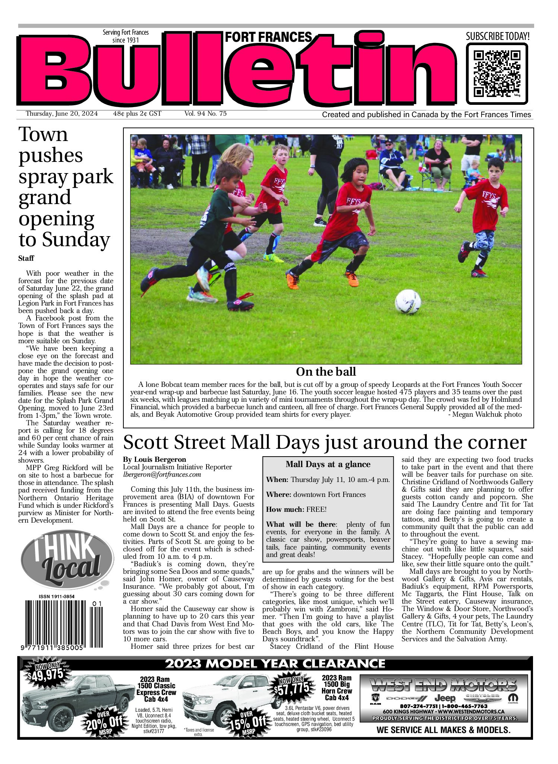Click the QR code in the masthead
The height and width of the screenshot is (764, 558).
click(497, 73)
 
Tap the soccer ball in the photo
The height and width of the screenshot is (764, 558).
click(408, 301)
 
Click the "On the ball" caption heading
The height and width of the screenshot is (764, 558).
click(326, 372)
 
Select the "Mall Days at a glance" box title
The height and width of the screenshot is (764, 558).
click(328, 464)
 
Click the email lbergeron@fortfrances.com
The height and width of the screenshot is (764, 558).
click(162, 475)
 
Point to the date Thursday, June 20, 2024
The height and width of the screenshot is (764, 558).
click(62, 114)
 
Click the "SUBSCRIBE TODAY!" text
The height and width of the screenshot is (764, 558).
click(497, 37)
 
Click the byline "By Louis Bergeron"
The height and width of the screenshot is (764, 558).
click(154, 460)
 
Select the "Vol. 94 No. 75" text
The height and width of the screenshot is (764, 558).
click(205, 114)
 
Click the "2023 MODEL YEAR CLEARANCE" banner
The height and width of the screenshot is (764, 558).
click(275, 663)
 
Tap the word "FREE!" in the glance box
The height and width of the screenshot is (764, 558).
click(316, 510)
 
